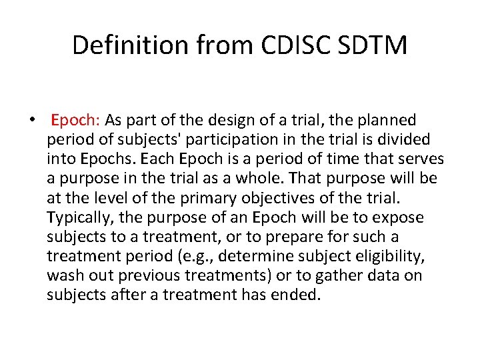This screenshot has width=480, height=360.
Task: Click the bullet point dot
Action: (x=32, y=121)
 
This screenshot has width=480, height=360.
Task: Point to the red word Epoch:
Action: (x=75, y=121)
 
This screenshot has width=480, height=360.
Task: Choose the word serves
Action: (x=420, y=159)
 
